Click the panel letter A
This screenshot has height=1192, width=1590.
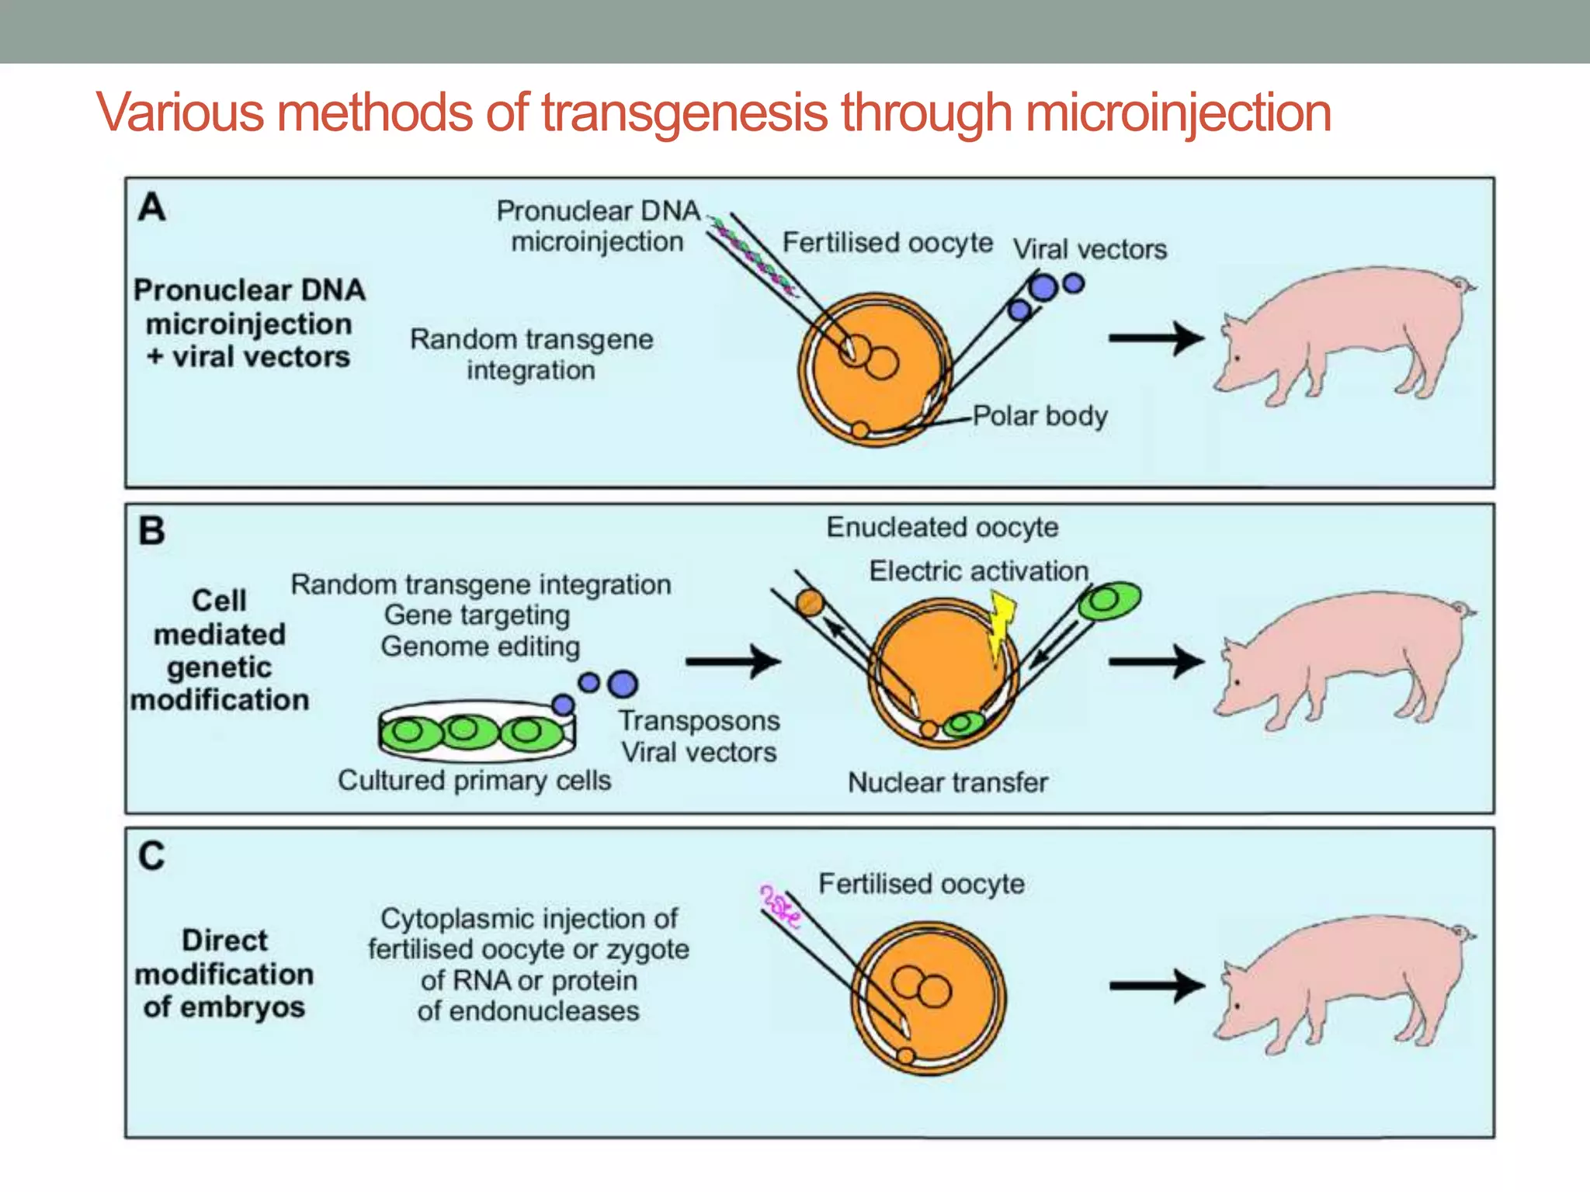click(x=152, y=207)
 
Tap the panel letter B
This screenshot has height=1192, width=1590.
click(x=152, y=532)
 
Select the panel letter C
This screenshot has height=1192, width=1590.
click(x=152, y=857)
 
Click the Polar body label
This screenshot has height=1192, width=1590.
click(x=1040, y=416)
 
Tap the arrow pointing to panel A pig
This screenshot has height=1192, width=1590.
click(x=1156, y=338)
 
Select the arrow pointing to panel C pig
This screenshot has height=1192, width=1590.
click(x=1156, y=986)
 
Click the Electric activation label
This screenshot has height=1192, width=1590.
click(x=978, y=571)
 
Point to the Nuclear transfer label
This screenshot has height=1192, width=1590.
click(x=948, y=782)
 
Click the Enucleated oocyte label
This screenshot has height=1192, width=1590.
click(x=942, y=528)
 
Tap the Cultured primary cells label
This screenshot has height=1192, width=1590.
click(x=474, y=781)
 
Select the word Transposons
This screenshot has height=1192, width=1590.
click(x=699, y=721)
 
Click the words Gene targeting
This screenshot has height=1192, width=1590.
click(x=477, y=615)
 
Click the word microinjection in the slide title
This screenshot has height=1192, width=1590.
click(x=1178, y=113)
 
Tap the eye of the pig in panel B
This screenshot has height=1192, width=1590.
click(x=1237, y=683)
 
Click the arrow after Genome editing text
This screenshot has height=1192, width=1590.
click(x=733, y=662)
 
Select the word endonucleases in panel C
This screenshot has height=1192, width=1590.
click(x=528, y=1011)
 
